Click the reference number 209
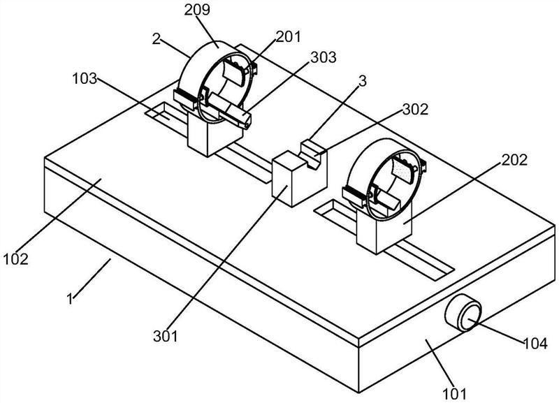pyautogui.click(x=197, y=10)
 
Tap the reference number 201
pyautogui.click(x=289, y=36)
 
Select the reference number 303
pyautogui.click(x=324, y=57)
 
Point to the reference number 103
pyautogui.click(x=85, y=78)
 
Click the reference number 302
pyautogui.click(x=415, y=110)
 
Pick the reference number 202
pyautogui.click(x=514, y=160)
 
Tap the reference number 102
pyautogui.click(x=15, y=258)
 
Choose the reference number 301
pyautogui.click(x=166, y=336)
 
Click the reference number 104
pyautogui.click(x=535, y=344)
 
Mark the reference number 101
pyautogui.click(x=455, y=394)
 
